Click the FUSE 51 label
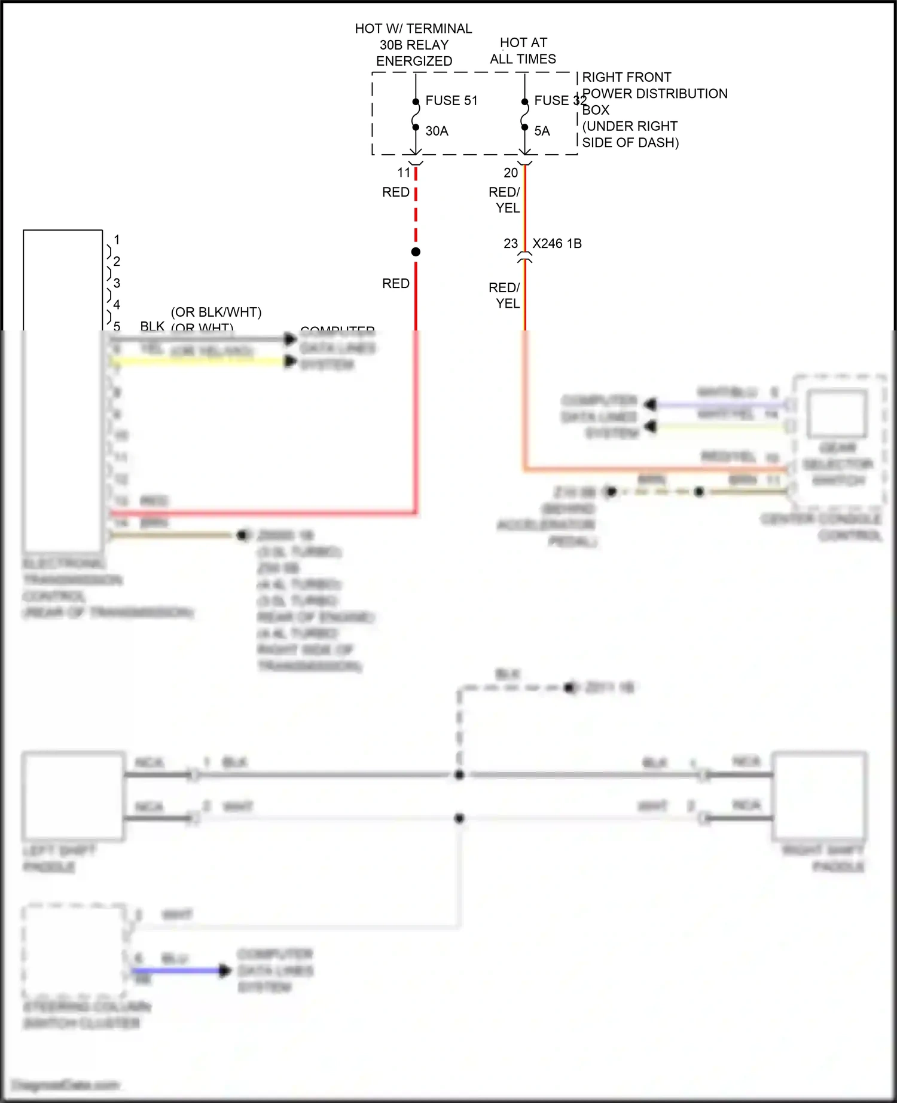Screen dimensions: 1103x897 coord(451,100)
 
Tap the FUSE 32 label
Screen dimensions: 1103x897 coord(560,100)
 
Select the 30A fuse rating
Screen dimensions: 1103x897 coord(437,131)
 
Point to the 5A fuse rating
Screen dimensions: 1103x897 coord(542,131)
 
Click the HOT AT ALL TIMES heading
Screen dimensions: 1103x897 coord(523,51)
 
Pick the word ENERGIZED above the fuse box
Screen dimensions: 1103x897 coord(414,61)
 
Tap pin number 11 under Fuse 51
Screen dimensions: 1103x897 coord(404,173)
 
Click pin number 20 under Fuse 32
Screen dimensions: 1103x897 coord(511,173)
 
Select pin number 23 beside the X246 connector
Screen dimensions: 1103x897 coord(511,244)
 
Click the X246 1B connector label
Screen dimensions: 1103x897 coord(557,244)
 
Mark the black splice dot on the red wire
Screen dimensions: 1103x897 coord(416,252)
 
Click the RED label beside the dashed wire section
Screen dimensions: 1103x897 coord(396,192)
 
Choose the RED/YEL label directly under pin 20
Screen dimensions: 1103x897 coord(505,200)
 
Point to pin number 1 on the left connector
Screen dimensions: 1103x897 coord(117,240)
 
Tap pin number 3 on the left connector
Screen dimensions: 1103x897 coord(117,283)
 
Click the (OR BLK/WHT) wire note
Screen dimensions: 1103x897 coord(216,312)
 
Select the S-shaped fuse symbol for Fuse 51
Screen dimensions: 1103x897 coord(416,115)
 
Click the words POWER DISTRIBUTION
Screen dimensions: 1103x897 coord(655,94)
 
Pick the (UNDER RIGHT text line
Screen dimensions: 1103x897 coord(630,126)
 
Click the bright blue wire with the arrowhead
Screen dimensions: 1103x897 coord(179,970)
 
